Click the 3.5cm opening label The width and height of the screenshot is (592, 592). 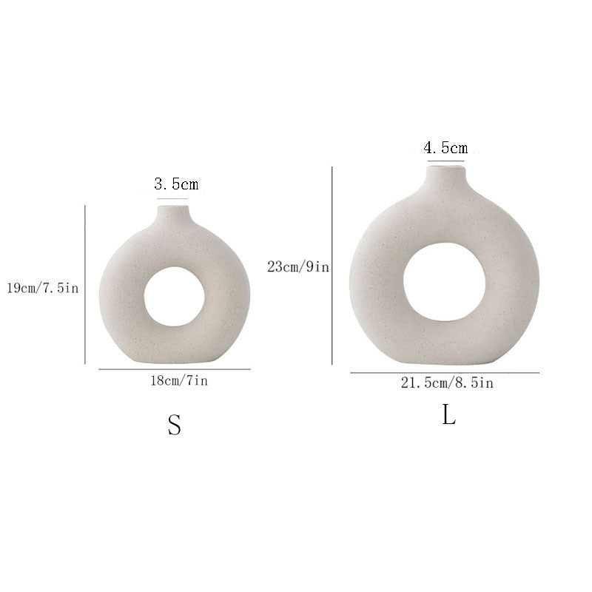pyautogui.click(x=176, y=184)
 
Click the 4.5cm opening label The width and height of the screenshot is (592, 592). pyautogui.click(x=445, y=147)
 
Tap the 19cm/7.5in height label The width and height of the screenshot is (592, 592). pyautogui.click(x=41, y=287)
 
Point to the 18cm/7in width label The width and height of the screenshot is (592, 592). pyautogui.click(x=175, y=381)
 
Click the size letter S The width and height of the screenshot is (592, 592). pyautogui.click(x=174, y=425)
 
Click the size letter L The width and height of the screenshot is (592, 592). pyautogui.click(x=449, y=416)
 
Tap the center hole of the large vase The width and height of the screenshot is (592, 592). pyautogui.click(x=445, y=282)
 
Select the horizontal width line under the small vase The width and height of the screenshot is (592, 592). pyautogui.click(x=175, y=369)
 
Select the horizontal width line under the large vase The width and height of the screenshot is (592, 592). pyautogui.click(x=445, y=373)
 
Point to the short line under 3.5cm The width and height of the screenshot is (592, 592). pyautogui.click(x=172, y=198)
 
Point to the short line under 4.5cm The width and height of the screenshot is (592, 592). pyautogui.click(x=445, y=161)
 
